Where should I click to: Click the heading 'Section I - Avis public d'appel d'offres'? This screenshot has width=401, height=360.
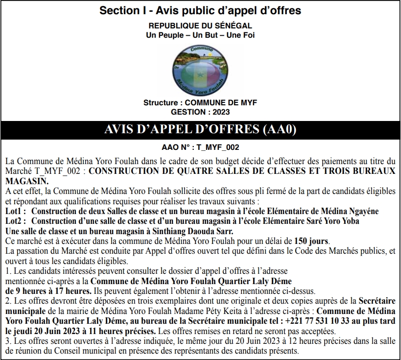tap(200, 10)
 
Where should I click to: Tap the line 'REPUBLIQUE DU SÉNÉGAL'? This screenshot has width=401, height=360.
tap(200, 25)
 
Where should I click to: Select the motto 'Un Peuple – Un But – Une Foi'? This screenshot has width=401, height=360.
tap(200, 35)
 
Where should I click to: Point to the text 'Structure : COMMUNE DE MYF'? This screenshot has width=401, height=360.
tap(200, 102)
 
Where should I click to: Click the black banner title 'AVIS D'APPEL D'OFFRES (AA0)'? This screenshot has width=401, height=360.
tap(200, 130)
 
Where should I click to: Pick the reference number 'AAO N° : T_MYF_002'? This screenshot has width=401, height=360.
tap(200, 146)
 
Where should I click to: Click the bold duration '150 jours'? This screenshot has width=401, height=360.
tap(311, 241)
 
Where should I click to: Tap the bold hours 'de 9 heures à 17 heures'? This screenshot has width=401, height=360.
tap(47, 290)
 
